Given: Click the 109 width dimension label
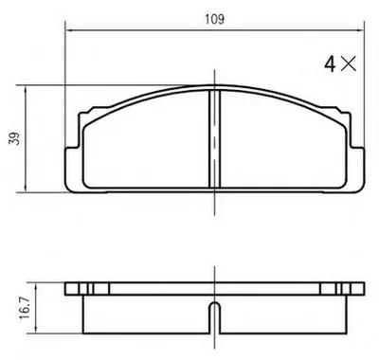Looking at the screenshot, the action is point(214,19).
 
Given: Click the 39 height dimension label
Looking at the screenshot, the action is point(14,138).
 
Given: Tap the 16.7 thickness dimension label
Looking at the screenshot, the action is point(25,308).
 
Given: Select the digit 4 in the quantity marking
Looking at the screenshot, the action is point(330,64).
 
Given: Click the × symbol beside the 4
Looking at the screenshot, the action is point(349,63).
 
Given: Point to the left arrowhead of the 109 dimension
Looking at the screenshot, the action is point(69,30).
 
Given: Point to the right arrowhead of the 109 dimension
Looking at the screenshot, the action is point(360,30).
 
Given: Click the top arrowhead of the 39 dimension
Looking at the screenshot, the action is point(26,89).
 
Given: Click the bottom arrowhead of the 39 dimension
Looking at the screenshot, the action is point(26,188).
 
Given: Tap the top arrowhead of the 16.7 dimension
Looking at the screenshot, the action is point(36,287).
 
